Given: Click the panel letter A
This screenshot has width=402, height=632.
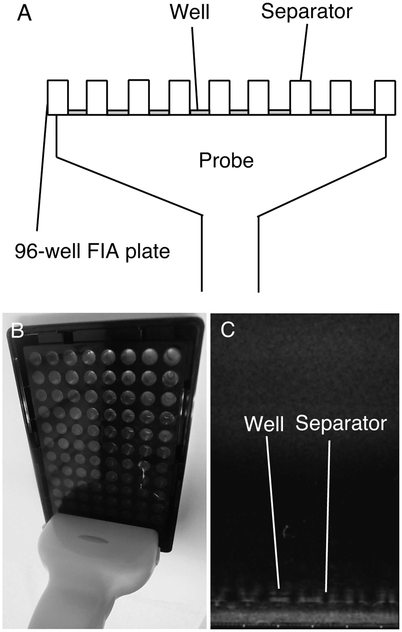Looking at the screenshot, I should (24, 14).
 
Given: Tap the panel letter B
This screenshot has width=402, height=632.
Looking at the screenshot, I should (17, 331).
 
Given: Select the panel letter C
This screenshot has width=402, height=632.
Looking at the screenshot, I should (227, 330).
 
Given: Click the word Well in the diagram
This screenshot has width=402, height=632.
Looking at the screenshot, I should (189, 12).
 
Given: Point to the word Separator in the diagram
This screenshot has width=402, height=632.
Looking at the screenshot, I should (306, 12).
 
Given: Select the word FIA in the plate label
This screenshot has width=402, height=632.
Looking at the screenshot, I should (104, 251).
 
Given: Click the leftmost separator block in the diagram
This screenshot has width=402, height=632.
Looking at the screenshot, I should (58, 97).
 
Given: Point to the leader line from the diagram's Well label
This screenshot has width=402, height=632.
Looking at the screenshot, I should (195, 68).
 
